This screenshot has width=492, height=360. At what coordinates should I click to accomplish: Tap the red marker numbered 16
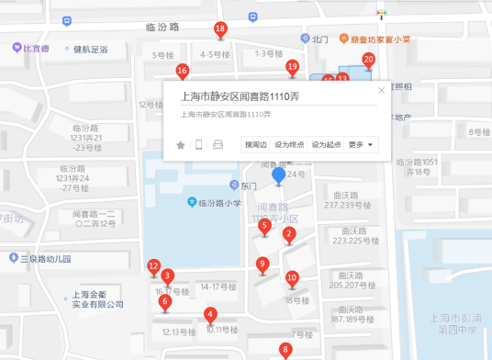[182, 71]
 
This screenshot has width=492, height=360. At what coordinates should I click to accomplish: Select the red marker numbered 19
[292, 67]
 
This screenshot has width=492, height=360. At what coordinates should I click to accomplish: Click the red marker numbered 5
[264, 226]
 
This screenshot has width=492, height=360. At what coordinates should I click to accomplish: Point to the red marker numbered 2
[289, 235]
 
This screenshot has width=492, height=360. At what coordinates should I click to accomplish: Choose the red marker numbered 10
[292, 278]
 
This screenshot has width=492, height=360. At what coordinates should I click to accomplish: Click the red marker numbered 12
[153, 267]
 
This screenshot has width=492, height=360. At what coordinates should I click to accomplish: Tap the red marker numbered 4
[210, 314]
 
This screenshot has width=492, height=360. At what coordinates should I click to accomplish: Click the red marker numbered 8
[285, 349]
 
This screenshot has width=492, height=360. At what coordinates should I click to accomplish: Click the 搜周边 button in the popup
[255, 144]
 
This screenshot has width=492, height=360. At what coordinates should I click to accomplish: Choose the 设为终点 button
[290, 144]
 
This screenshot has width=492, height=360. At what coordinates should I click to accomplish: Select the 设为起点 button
[326, 144]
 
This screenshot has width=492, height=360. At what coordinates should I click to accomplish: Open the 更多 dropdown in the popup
[361, 144]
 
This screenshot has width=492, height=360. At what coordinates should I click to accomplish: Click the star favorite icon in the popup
[181, 144]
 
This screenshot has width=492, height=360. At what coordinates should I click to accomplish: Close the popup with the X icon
[382, 90]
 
